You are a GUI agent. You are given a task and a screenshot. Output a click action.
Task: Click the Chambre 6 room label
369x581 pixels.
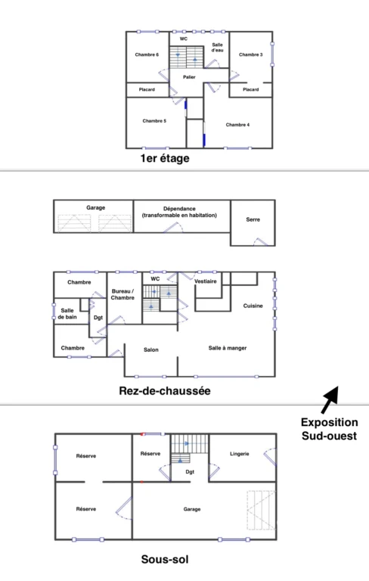click(x=147, y=54)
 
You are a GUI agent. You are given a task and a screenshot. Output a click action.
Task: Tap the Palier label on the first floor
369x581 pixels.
click(x=189, y=77)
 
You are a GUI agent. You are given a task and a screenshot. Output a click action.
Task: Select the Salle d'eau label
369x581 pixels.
click(x=218, y=48)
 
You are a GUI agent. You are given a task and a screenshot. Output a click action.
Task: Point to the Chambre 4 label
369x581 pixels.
click(x=237, y=125)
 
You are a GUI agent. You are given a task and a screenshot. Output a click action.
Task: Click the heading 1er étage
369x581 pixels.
click(x=165, y=158)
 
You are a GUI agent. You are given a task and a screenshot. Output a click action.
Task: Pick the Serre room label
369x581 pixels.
click(x=253, y=219)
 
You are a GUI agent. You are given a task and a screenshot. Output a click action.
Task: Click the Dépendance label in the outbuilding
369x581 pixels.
click(x=179, y=209)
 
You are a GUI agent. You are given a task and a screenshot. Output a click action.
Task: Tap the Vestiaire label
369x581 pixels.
click(x=205, y=281)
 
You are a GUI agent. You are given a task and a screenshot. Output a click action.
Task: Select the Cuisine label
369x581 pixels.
click(x=253, y=306)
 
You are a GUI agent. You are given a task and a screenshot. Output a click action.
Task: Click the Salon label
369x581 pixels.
click(x=151, y=350)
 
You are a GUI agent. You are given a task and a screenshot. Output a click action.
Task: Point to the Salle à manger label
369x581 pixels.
click(x=228, y=348)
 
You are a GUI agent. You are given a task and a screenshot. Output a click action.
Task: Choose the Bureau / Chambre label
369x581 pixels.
click(x=122, y=294)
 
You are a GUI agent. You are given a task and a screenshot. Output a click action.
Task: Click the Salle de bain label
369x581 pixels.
click(x=67, y=313)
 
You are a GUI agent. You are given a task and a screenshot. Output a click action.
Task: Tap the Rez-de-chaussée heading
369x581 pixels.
click(x=165, y=391)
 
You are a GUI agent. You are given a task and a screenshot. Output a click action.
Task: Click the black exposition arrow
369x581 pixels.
click(x=330, y=399)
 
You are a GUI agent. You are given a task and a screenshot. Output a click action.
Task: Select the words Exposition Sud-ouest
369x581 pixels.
click(x=330, y=429)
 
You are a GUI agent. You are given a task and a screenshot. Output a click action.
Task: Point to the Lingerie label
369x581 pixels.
click(x=240, y=454)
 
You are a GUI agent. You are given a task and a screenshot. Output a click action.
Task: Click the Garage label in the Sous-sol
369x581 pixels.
click(x=192, y=509)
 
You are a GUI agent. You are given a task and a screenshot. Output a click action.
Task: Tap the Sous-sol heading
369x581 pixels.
click(x=165, y=559)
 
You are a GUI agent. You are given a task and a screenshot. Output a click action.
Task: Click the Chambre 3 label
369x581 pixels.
click(x=251, y=54)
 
